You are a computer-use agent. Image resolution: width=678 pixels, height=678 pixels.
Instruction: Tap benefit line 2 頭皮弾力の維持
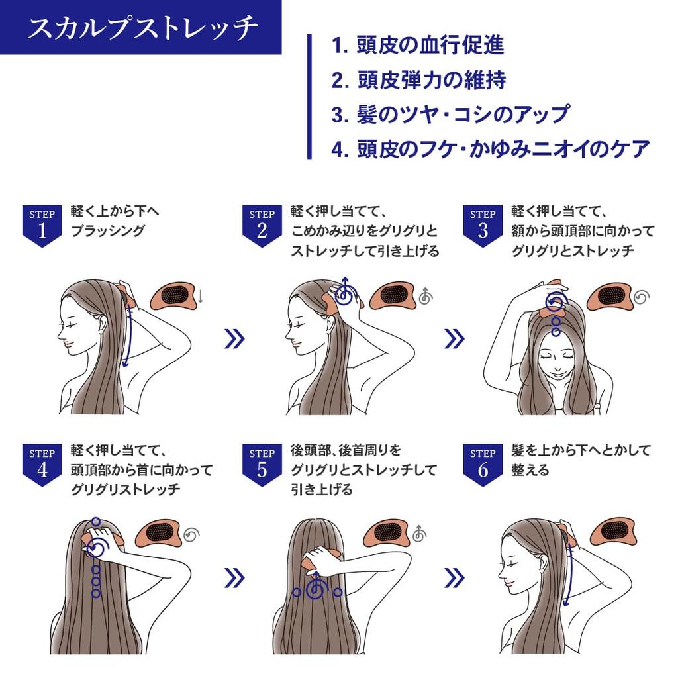418,80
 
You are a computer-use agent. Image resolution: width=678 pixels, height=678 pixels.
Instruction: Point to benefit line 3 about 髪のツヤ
450,115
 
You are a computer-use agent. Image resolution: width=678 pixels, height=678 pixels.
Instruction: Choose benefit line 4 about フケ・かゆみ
490,149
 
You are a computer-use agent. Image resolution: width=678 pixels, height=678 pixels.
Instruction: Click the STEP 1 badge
42,224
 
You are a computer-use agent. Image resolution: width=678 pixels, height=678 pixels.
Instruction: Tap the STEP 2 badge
262,224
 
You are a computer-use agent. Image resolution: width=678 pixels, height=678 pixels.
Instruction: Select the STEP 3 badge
483,224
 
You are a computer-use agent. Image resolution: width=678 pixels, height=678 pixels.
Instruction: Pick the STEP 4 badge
42,463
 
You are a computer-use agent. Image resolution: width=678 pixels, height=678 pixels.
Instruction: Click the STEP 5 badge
262,463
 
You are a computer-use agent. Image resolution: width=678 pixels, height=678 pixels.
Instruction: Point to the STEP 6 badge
483,463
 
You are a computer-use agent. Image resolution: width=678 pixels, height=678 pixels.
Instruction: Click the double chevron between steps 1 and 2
234,339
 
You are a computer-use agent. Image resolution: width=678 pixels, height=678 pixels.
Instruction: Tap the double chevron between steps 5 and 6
454,578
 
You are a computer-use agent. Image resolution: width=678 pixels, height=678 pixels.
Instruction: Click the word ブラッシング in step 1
107,231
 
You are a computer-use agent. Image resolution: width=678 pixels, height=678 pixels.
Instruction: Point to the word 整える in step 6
530,470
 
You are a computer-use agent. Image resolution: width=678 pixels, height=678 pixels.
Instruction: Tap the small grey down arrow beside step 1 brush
201,297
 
